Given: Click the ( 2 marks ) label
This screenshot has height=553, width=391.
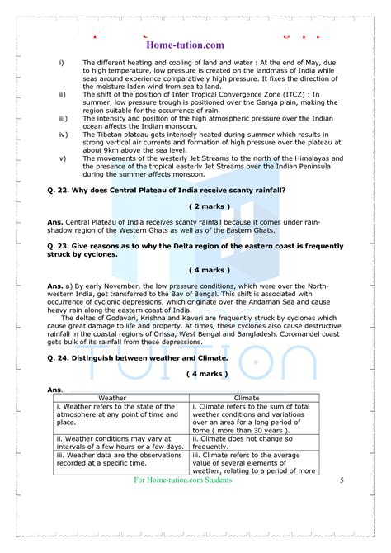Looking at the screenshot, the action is click(x=210, y=206).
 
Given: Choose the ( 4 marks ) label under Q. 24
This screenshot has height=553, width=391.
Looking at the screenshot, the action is click(x=210, y=373).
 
